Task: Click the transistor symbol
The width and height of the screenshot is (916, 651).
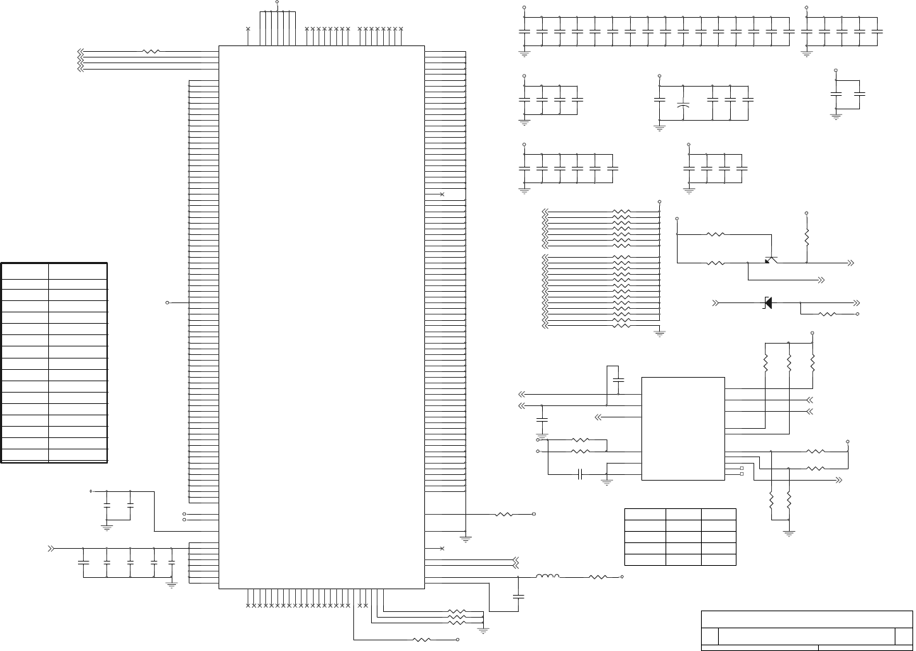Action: (771, 260)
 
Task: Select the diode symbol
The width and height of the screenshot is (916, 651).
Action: (767, 303)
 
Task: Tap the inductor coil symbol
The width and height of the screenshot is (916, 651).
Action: (547, 576)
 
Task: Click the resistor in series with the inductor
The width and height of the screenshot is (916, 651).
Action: (597, 577)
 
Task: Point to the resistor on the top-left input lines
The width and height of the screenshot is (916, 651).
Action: (150, 51)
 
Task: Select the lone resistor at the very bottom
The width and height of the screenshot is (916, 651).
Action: (421, 640)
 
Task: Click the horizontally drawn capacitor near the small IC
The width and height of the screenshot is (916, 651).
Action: (580, 474)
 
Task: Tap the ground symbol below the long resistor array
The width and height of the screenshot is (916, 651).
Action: (660, 332)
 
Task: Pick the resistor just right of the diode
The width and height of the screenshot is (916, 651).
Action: (827, 314)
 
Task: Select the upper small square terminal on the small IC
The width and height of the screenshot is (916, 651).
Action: (741, 469)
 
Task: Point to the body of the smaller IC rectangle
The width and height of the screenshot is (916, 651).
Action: (683, 428)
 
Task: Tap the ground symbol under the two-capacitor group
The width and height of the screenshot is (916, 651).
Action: (836, 116)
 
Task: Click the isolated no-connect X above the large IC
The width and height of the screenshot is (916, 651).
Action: (248, 29)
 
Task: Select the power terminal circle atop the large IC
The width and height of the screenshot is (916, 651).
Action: (277, 2)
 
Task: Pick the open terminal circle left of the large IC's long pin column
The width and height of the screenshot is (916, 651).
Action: (167, 302)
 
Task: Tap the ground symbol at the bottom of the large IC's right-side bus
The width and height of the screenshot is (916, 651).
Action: (465, 539)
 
